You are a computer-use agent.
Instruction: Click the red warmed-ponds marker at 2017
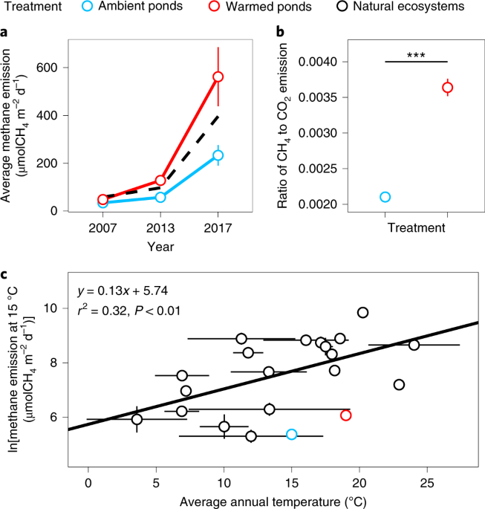coord(218,77)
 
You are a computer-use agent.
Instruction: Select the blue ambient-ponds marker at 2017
coord(218,155)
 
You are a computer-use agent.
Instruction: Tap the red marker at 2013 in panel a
coord(160,181)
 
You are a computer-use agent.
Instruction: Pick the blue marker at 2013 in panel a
coord(160,197)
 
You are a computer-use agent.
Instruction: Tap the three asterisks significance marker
coord(416,54)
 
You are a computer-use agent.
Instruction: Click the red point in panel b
coord(447,88)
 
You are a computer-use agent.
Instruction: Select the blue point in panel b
coord(385,197)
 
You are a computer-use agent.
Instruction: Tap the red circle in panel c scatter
coord(345,415)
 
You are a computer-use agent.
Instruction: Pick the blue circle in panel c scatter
coord(291,434)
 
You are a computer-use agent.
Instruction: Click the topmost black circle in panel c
coord(362,313)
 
